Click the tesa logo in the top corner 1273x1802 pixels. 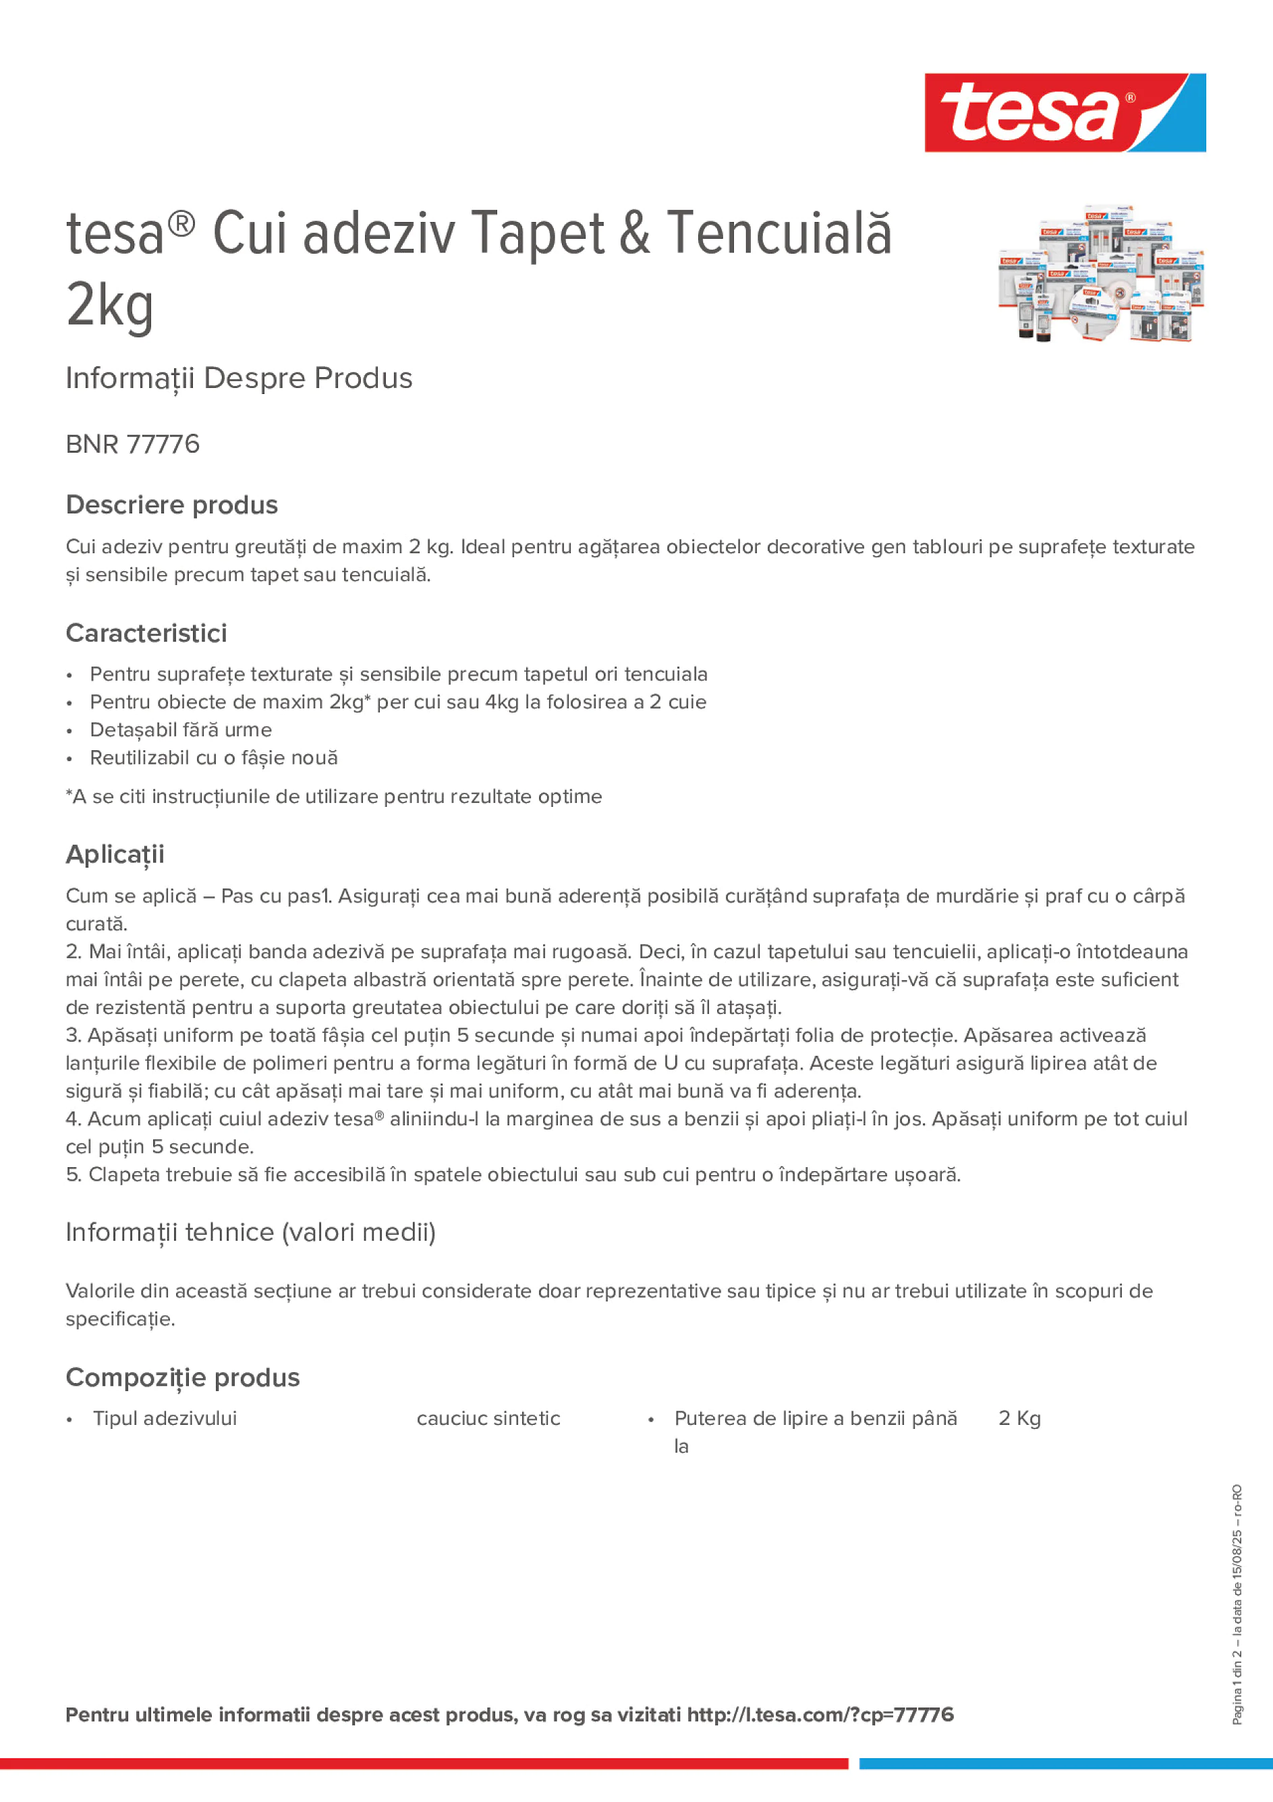[x=1065, y=112]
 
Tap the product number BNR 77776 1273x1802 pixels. [x=133, y=444]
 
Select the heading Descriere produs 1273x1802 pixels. [x=172, y=505]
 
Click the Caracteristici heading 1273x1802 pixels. [x=147, y=633]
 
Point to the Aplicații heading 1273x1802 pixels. [x=115, y=854]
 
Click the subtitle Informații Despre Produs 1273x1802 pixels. [x=239, y=378]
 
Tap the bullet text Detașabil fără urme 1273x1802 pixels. [x=181, y=730]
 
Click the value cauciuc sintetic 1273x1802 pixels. [x=488, y=1418]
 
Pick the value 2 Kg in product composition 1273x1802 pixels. [x=1019, y=1418]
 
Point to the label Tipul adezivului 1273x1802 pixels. [x=165, y=1418]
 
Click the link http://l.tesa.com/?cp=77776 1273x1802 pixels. [x=820, y=1715]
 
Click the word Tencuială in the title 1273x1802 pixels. [x=779, y=233]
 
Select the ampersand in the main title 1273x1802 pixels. [x=634, y=233]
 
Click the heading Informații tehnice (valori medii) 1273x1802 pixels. [x=251, y=1232]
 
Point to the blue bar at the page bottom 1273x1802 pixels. [x=1066, y=1764]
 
